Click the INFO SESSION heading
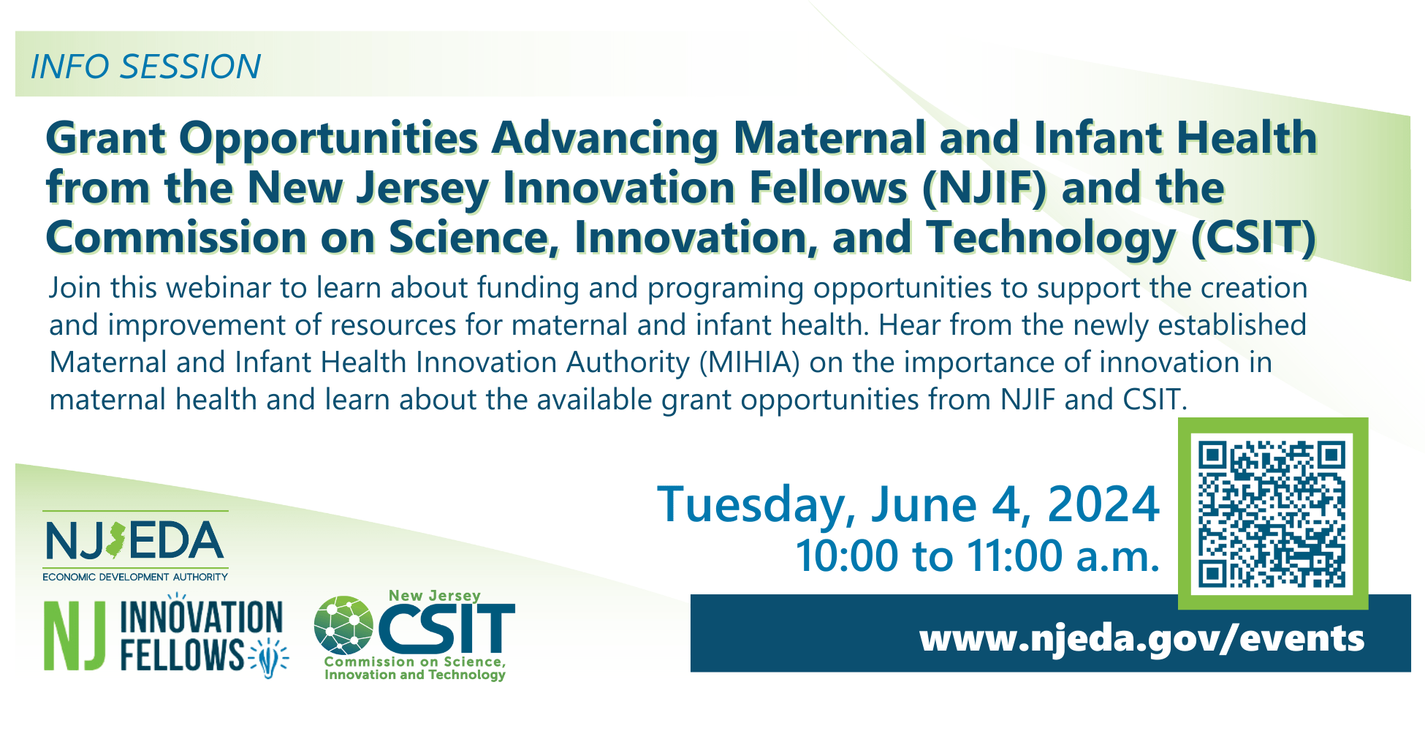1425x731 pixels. click(145, 67)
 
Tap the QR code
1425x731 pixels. click(1272, 514)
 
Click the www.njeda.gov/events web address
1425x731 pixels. click(1142, 638)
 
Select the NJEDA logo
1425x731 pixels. click(135, 545)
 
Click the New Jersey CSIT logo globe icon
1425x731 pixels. click(343, 625)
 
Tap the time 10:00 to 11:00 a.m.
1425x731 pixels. click(978, 556)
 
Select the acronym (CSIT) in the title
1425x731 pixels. click(1254, 238)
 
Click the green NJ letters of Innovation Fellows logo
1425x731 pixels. click(75, 635)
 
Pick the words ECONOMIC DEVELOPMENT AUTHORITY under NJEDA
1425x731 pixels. click(135, 577)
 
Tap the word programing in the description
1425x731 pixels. click(726, 289)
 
